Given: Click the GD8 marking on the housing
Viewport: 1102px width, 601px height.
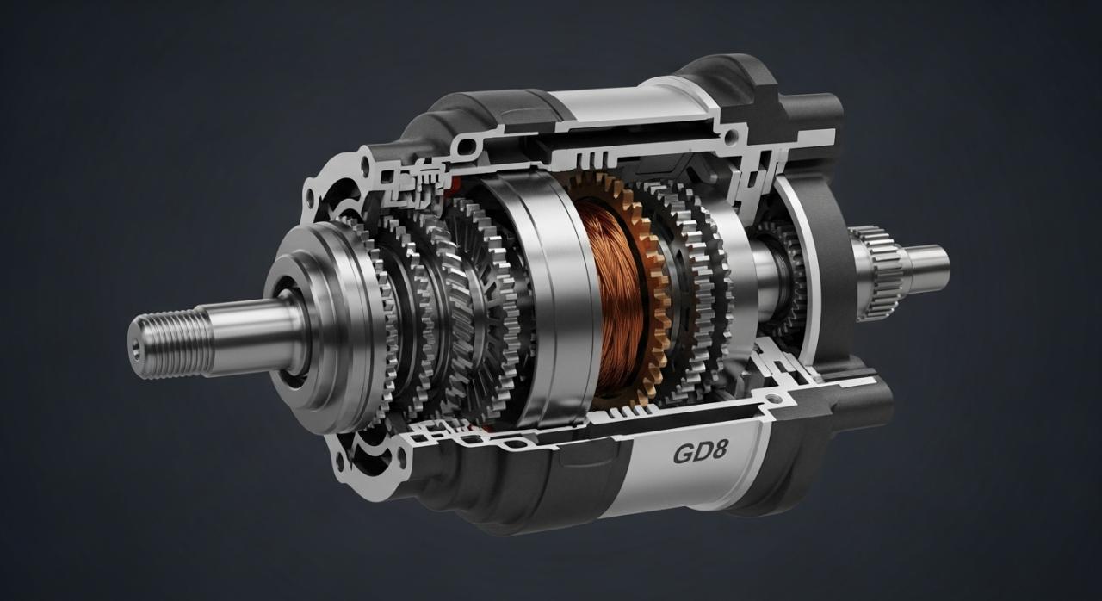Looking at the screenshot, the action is coord(700,452).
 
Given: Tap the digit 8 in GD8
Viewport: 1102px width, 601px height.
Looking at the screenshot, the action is coord(718,450).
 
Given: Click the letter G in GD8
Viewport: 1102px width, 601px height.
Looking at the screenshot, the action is coord(682,454).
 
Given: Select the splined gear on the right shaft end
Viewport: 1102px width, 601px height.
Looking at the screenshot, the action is coord(881,274).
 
